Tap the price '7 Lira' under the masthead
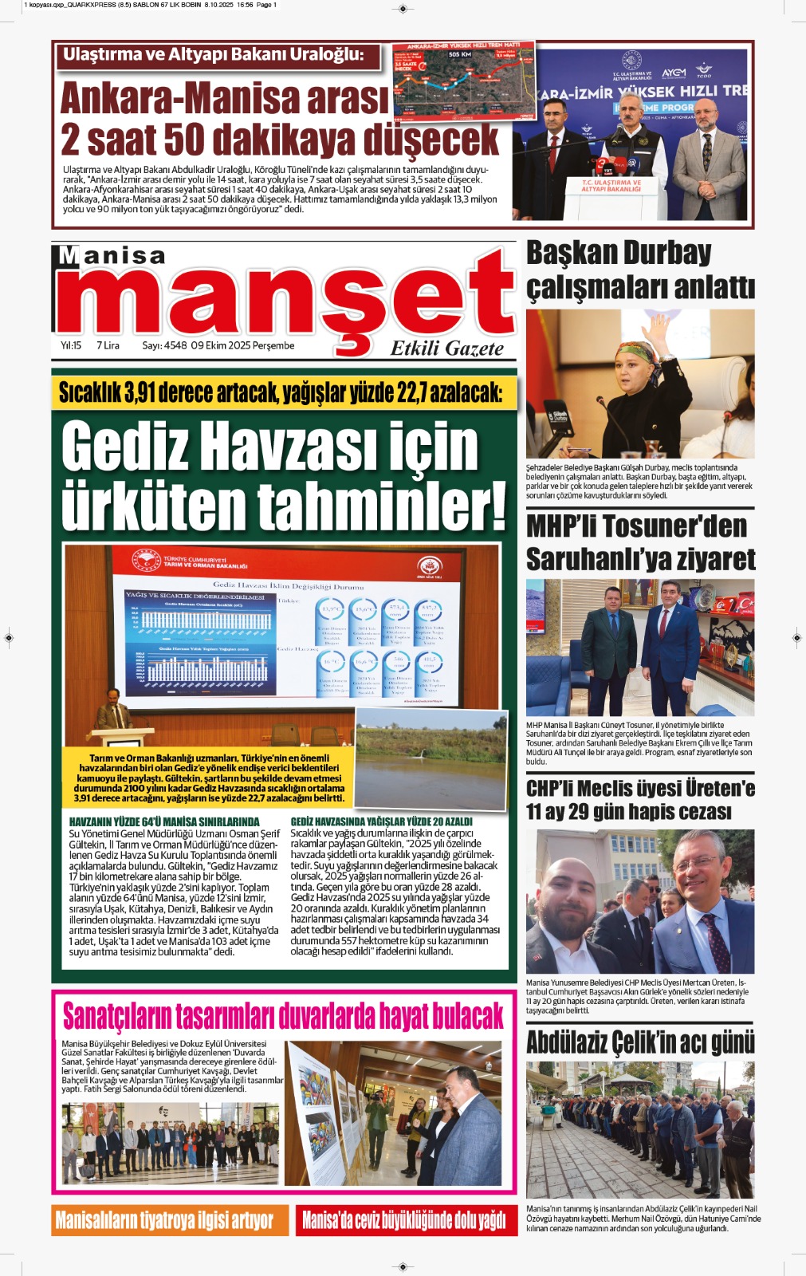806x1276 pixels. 108,345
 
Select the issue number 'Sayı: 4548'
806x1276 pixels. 164,345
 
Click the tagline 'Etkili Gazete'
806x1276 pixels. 446,349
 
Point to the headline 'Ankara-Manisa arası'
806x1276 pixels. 224,99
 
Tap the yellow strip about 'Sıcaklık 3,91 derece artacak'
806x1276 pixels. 281,392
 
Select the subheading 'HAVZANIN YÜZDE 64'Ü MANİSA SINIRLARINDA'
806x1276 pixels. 163,821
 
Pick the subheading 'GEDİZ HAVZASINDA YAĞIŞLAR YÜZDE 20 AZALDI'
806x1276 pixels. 381,821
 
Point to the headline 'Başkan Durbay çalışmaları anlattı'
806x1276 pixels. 639,270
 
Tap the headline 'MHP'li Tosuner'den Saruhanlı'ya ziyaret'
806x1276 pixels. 639,543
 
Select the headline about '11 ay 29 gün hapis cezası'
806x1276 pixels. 639,800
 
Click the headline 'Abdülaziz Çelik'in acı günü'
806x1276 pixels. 639,1042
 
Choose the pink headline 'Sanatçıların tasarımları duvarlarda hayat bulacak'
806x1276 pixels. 283,1016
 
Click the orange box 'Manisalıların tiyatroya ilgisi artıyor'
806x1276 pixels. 164,1220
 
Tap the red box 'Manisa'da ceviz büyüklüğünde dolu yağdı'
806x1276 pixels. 403,1220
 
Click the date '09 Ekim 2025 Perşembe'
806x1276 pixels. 242,345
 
